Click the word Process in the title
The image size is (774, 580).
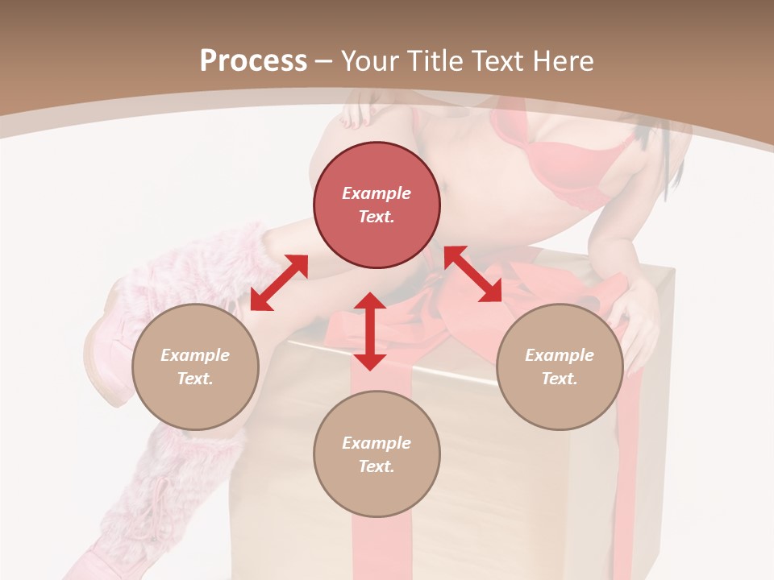coord(253,61)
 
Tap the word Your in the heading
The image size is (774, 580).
coord(370,61)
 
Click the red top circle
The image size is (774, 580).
coord(377,205)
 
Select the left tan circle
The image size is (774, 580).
coord(195,367)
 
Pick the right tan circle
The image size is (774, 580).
coord(560,367)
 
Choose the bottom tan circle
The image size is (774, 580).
coord(377,454)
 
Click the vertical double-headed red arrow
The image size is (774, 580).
coord(370,331)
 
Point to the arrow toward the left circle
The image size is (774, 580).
coord(279,283)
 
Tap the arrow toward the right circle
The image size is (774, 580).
coord(473,274)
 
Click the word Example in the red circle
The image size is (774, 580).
coord(377,193)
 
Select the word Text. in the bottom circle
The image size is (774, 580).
coord(377,466)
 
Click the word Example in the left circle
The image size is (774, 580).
coord(195,355)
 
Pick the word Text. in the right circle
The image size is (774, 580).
coord(560,379)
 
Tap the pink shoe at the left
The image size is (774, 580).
coord(105,354)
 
